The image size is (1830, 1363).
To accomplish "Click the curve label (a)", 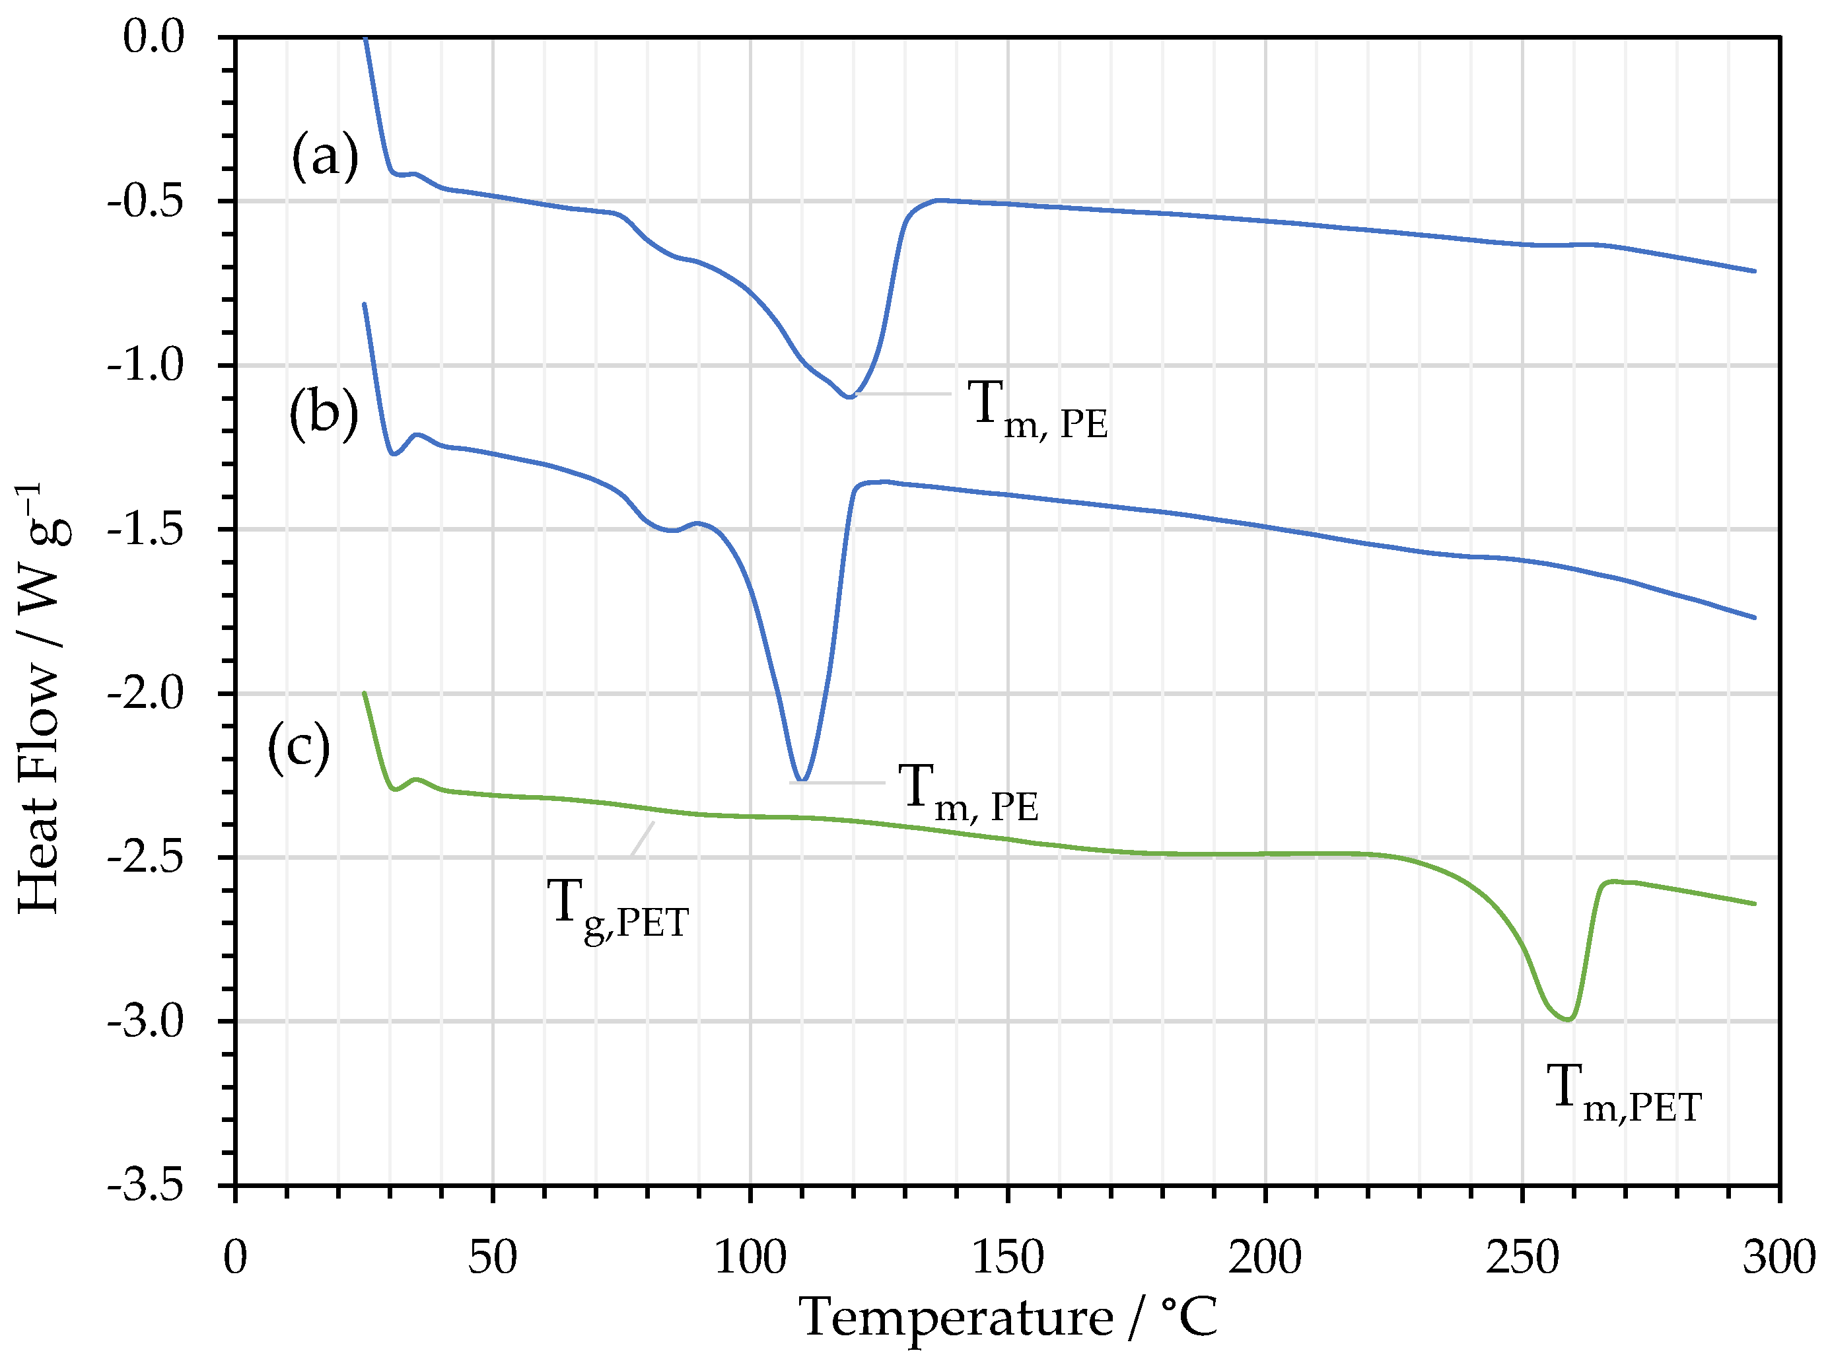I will point(325,156).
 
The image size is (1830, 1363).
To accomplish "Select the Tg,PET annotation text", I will point(617,909).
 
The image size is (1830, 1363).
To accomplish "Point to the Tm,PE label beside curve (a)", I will point(1037,410).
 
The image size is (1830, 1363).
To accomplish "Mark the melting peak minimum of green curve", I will point(1568,1020).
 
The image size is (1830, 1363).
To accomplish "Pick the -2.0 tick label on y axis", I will point(146,693).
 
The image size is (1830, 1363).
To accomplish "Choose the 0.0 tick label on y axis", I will point(153,37).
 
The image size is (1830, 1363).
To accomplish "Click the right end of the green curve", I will point(1754,903).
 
